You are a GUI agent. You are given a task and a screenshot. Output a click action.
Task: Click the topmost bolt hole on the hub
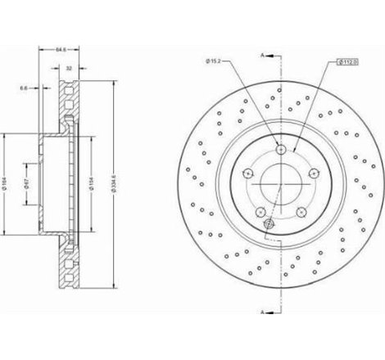[x=282, y=151]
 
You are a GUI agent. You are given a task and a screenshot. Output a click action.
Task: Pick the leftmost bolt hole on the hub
[x=248, y=173]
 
